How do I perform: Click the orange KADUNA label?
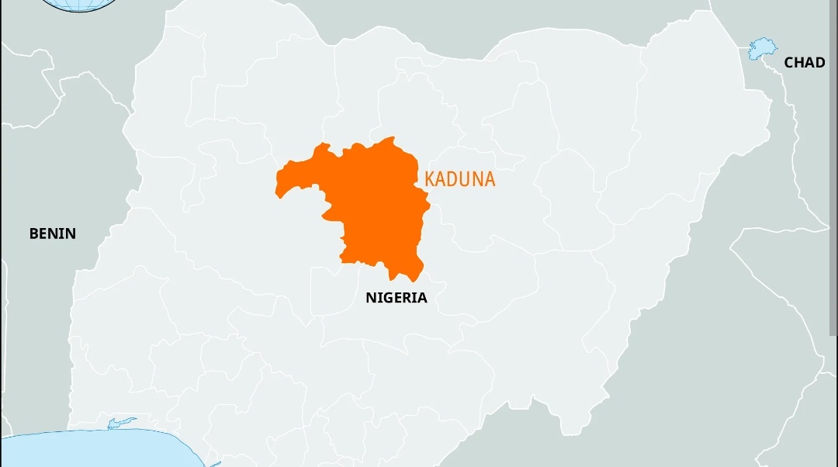click(460, 179)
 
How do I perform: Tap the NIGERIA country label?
click(396, 298)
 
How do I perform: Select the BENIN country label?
click(53, 233)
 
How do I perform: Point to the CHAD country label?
click(804, 63)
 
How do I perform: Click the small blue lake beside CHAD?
click(762, 49)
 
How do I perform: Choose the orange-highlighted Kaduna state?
click(372, 206)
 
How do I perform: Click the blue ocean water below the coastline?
click(93, 450)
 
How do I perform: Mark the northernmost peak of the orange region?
click(393, 139)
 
